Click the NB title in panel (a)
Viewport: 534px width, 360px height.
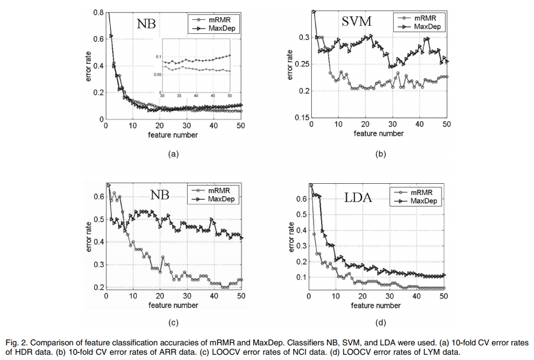click(x=147, y=24)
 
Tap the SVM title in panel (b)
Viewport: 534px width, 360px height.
click(x=357, y=23)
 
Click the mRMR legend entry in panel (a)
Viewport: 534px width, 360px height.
click(x=220, y=19)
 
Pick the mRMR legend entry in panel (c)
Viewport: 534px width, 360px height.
click(x=217, y=190)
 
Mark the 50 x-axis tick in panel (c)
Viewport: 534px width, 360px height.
click(x=240, y=297)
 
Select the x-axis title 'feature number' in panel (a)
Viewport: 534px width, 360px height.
click(x=173, y=135)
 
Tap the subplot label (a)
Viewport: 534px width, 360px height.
click(x=173, y=153)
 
